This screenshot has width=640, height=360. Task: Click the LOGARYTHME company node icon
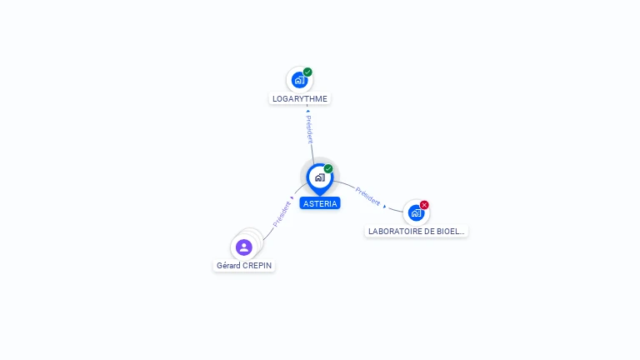(x=299, y=80)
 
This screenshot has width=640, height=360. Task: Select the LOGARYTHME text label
(x=300, y=98)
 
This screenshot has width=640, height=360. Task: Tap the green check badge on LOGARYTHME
(x=307, y=72)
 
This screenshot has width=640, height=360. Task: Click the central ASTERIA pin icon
(x=319, y=177)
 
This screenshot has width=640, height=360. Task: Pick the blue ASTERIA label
(x=320, y=203)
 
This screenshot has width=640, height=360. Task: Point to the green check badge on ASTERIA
(x=328, y=168)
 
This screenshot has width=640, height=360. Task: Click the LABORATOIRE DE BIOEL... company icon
(x=416, y=212)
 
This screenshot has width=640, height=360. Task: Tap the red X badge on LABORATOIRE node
(x=424, y=205)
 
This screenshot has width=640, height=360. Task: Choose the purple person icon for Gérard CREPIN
(x=243, y=247)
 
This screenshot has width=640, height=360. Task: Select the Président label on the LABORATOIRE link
(x=367, y=197)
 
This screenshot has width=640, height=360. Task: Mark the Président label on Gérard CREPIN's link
(x=282, y=214)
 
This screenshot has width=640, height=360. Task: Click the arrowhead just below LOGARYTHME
(x=307, y=109)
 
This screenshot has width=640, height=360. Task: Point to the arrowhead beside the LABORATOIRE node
(x=385, y=205)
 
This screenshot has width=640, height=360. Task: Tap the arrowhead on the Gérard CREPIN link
(x=292, y=198)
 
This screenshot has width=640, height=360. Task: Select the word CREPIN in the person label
(x=257, y=266)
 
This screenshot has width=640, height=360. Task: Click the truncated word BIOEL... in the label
(x=450, y=231)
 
